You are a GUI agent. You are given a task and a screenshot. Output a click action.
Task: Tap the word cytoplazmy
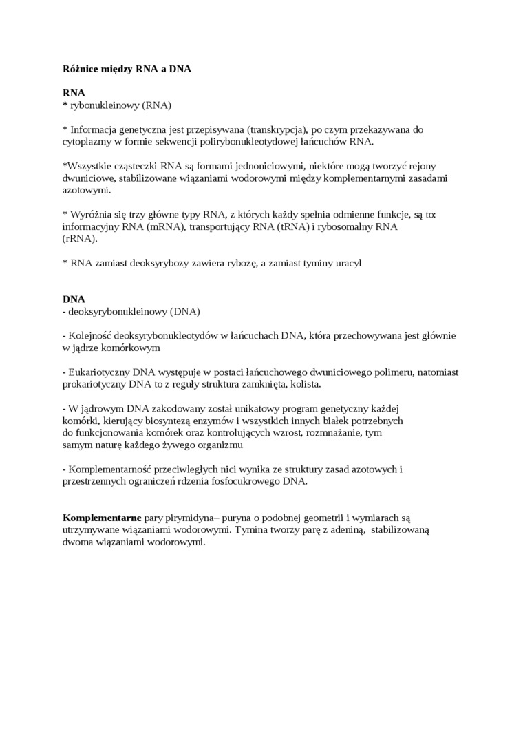87,141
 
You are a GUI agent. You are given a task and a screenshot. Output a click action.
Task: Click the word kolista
305,384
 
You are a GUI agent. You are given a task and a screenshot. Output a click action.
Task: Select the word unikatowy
255,409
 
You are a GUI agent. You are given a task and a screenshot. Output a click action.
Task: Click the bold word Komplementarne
102,518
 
